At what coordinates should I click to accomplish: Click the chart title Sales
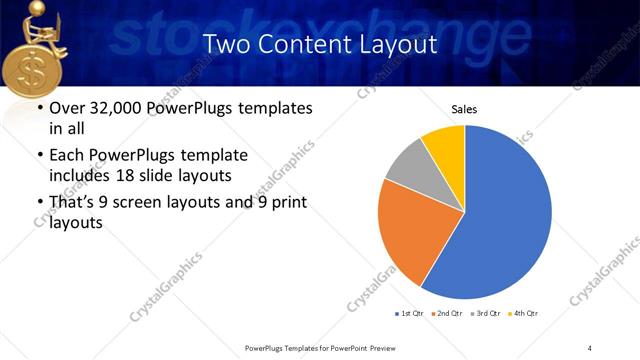(x=464, y=109)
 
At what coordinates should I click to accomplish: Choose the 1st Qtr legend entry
(x=411, y=314)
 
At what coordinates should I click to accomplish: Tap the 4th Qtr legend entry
(x=524, y=314)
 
